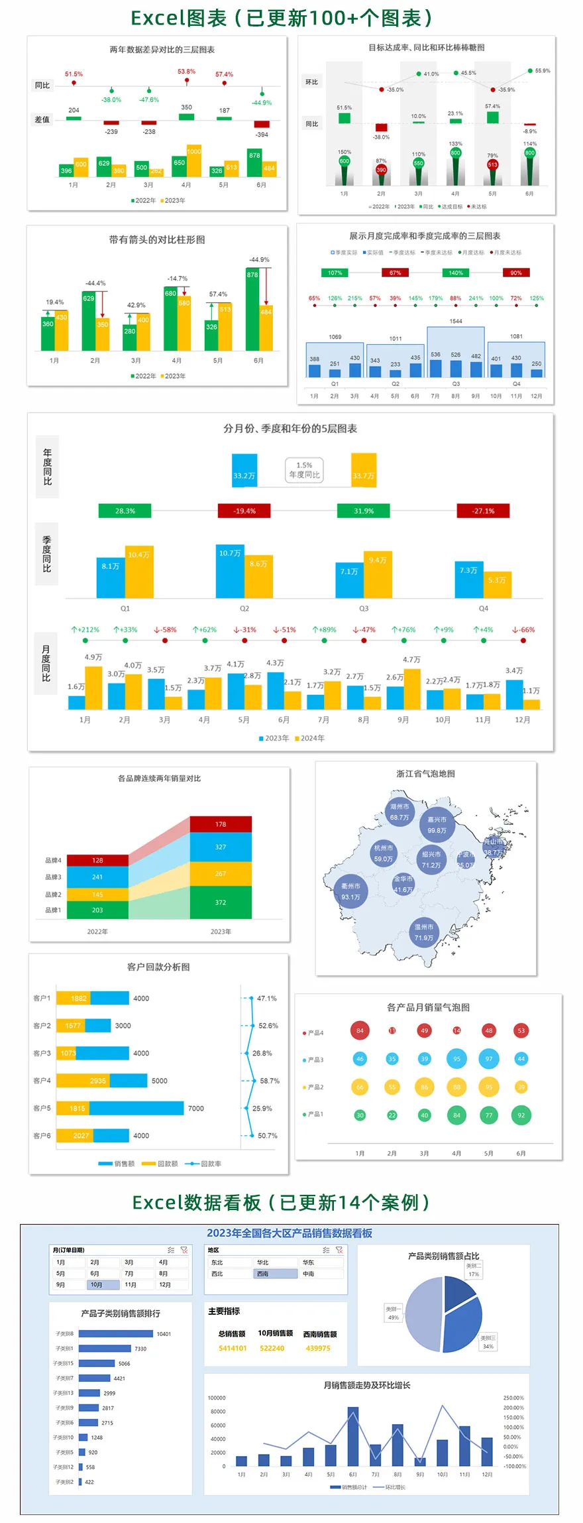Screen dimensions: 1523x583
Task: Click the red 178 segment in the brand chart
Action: tap(221, 824)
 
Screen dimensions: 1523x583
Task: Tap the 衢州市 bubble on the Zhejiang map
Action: tap(350, 891)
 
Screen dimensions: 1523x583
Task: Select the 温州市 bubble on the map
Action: tap(424, 932)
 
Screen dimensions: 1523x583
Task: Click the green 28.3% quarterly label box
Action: tap(125, 511)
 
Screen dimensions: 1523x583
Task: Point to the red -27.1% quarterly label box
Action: tap(484, 511)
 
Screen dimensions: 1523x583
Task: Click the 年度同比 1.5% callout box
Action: tap(304, 470)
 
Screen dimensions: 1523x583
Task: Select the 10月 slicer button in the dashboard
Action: tap(103, 1284)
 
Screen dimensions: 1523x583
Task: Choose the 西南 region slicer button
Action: tap(276, 1274)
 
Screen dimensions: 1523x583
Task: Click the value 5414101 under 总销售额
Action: tap(233, 1348)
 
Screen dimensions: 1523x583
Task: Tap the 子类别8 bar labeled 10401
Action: tap(117, 1333)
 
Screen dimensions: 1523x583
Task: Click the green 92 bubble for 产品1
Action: tap(521, 1115)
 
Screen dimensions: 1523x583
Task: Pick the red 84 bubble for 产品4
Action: tap(360, 1030)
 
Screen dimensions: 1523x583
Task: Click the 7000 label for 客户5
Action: tap(196, 1108)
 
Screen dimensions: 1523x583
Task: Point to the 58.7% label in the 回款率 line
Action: tap(270, 1081)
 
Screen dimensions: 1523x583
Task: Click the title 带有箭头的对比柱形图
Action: tap(157, 239)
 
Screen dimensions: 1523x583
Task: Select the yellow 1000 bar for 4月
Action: tap(194, 160)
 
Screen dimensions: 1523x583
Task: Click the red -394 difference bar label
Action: tap(262, 135)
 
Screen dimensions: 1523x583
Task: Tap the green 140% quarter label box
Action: tap(456, 273)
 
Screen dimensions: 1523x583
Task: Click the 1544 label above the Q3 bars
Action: tap(456, 321)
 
